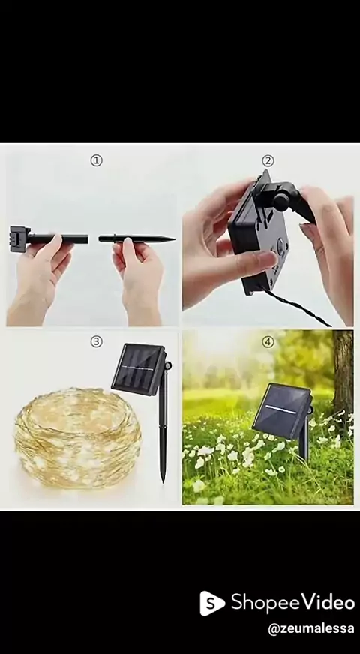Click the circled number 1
[x=96, y=160]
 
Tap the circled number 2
[x=268, y=160]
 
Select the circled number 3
[x=96, y=341]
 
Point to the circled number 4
[x=268, y=341]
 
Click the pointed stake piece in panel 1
[x=136, y=238]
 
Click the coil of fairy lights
[x=78, y=437]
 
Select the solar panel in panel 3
[x=139, y=368]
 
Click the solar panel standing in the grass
[x=282, y=410]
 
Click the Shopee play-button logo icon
[x=212, y=603]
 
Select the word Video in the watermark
[x=328, y=601]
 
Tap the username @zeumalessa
[x=310, y=629]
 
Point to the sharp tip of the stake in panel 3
[x=163, y=481]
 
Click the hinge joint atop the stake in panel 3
[x=168, y=366]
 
